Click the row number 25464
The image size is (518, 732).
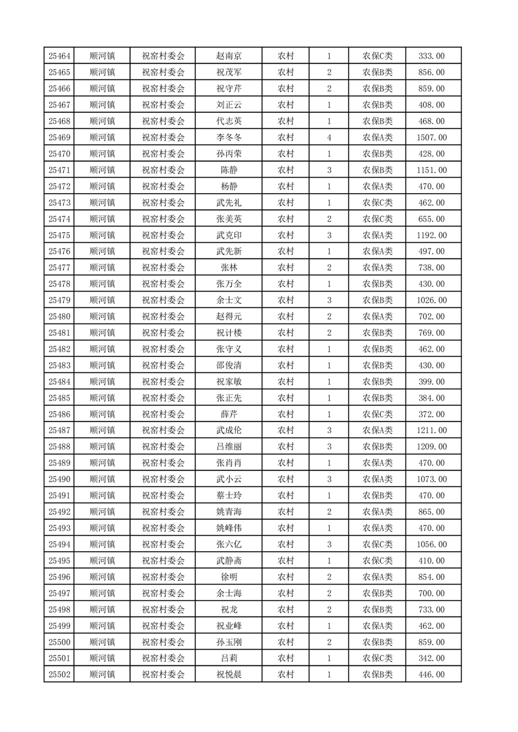[x=59, y=56]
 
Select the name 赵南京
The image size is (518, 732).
[x=229, y=56]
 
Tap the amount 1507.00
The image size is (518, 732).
[x=431, y=138]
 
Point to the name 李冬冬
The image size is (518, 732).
[x=229, y=138]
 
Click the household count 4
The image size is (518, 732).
[x=329, y=138]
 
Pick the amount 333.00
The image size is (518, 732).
[x=431, y=56]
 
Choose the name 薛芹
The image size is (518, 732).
[x=229, y=414]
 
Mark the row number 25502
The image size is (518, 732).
[x=59, y=675]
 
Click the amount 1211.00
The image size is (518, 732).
[x=431, y=431]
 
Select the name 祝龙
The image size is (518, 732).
[x=229, y=609]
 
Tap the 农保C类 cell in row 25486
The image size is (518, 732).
[x=378, y=414]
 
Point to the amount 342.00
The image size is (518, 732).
[x=431, y=658]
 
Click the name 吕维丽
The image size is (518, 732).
[x=229, y=447]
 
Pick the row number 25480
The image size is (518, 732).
[x=59, y=316]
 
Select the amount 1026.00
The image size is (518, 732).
[x=431, y=300]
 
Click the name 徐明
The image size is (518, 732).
[x=229, y=577]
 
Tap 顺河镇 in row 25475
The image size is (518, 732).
[x=102, y=235]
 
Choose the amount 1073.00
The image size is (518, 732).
[x=431, y=480]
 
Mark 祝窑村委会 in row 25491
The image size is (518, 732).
[x=163, y=496]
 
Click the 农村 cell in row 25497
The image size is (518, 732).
[x=285, y=593]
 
